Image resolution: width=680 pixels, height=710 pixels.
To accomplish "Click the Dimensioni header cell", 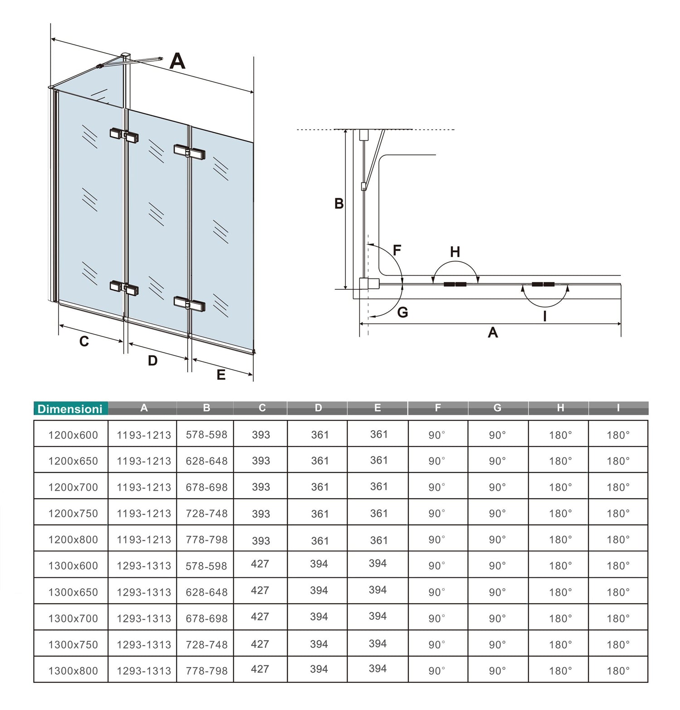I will (x=70, y=408).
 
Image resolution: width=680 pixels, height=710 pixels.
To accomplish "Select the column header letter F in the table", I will (x=437, y=408).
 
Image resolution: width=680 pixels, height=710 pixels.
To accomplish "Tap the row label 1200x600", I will (x=73, y=435).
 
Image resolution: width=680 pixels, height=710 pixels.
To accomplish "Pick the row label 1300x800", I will (x=73, y=671).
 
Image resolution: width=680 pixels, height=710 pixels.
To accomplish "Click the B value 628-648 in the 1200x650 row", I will (x=206, y=461).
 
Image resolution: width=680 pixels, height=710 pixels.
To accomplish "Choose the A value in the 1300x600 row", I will (x=144, y=566).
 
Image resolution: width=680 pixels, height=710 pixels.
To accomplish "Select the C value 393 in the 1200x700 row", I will (x=261, y=487).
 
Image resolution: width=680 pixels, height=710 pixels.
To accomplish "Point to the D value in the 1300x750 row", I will (x=319, y=644).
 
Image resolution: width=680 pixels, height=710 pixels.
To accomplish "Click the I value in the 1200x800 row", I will (x=618, y=539).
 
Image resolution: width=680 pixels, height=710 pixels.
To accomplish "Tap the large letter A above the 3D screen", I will (x=177, y=61).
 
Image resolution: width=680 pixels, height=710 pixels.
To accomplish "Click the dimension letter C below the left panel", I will (x=84, y=341).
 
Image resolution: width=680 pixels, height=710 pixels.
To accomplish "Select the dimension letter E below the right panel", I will (x=221, y=374).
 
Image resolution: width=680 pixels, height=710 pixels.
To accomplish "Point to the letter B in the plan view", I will (x=339, y=204).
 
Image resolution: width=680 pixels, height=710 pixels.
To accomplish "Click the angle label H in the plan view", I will (x=455, y=252).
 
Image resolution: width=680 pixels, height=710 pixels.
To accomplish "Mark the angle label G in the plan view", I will (x=402, y=312).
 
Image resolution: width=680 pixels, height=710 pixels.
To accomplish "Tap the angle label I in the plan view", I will (x=544, y=316).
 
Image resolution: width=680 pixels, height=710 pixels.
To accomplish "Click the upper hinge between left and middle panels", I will (x=124, y=135).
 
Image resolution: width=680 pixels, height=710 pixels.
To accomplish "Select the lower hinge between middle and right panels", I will (x=189, y=303).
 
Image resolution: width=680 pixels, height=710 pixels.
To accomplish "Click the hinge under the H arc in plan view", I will (x=455, y=284).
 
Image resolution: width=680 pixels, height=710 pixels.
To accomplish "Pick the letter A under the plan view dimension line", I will (x=493, y=333).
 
